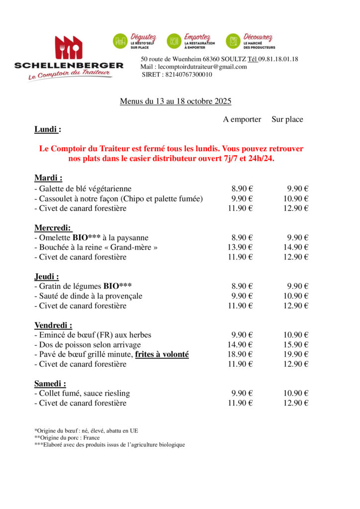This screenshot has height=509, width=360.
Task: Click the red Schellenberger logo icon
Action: point(69,48)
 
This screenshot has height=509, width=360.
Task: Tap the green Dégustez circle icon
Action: point(120,41)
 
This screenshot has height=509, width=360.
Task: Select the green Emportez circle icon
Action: point(174,41)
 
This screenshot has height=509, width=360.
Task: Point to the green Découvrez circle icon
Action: point(233,41)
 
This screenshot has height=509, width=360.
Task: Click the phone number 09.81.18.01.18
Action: point(278,59)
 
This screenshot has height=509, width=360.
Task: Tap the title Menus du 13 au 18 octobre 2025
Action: point(176,101)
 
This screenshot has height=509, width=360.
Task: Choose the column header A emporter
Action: point(242,119)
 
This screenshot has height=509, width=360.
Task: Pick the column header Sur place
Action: point(287,119)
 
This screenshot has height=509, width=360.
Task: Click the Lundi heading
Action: point(48,129)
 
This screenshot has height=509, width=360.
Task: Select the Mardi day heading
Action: point(48,178)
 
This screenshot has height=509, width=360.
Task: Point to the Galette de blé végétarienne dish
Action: point(83,188)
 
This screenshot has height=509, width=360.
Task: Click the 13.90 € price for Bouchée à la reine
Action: point(240,247)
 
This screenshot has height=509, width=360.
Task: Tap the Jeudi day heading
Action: point(47,276)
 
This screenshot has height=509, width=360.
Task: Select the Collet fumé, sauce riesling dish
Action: point(82,393)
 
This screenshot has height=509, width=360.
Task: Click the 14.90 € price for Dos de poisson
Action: point(240,344)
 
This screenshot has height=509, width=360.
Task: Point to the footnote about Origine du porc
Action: point(67,437)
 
